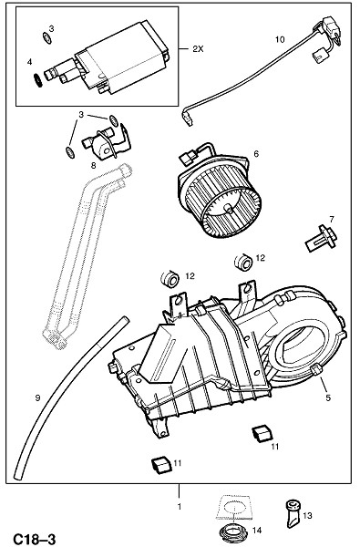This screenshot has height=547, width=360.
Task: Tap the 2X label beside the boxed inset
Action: coord(198,49)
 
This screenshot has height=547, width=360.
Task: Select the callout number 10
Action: coord(280,39)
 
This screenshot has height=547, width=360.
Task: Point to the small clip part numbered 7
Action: coord(322,239)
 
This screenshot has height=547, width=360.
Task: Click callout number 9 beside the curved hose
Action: coord(37,397)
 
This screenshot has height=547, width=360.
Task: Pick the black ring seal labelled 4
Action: coord(37,81)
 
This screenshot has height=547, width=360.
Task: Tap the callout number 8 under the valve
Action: coord(93,166)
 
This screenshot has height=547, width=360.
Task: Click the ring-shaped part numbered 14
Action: coord(233,533)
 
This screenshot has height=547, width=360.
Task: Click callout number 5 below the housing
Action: coord(328,397)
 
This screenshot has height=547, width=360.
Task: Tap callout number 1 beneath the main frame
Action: coord(180,506)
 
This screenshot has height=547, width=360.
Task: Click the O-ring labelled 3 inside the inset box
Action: coord(46,37)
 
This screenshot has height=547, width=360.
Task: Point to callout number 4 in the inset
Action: coord(29,62)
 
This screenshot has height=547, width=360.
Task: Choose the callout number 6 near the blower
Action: coord(256,153)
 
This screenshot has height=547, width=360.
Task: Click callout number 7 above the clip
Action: coord(332,219)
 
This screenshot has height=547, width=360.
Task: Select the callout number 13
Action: coord(307,515)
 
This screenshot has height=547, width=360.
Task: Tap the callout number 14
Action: coord(256,531)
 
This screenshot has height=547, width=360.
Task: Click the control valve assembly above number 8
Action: coord(104,141)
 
